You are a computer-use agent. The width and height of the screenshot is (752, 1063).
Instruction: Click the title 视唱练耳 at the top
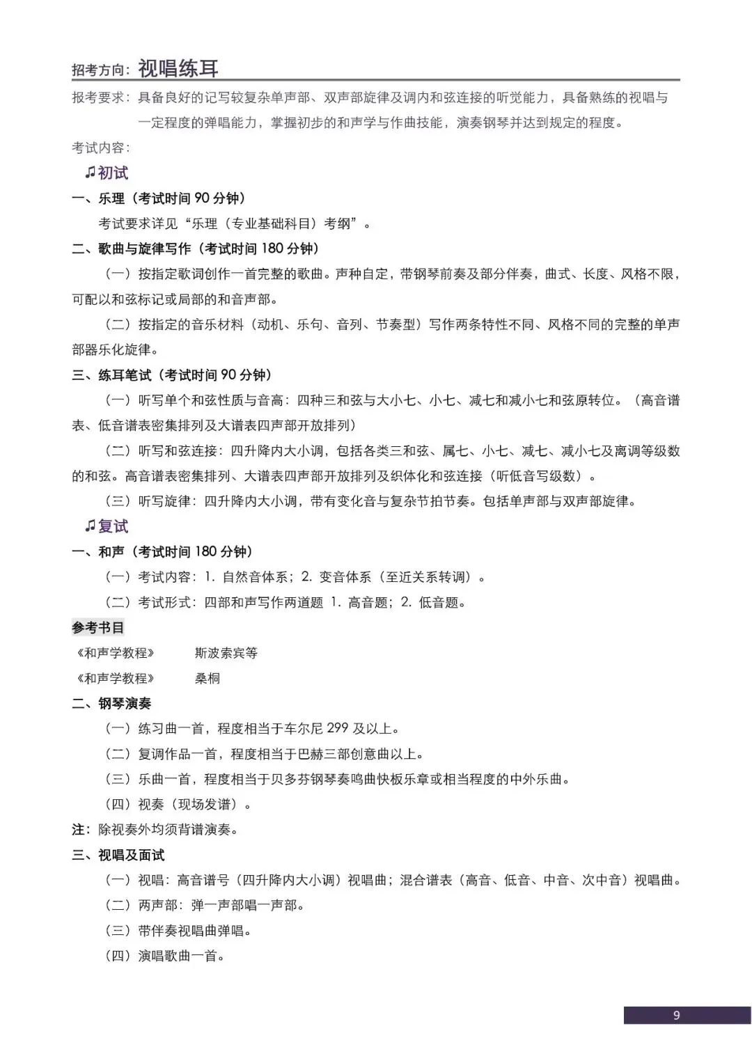[x=178, y=68]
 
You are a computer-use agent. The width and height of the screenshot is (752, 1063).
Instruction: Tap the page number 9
[x=676, y=1015]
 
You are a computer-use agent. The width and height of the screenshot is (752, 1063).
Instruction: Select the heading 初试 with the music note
[x=107, y=173]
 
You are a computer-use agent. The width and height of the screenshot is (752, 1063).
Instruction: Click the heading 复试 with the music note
[x=107, y=526]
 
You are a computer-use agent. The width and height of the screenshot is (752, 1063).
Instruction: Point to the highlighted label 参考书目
[x=98, y=628]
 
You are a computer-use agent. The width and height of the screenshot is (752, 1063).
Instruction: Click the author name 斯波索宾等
[x=226, y=653]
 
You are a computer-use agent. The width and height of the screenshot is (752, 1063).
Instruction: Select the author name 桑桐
[x=207, y=678]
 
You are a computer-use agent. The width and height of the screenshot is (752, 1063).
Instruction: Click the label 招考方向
[x=100, y=70]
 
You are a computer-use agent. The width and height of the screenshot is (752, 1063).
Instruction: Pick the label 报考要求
[x=100, y=97]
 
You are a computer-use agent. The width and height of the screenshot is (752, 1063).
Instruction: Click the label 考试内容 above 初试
[x=100, y=148]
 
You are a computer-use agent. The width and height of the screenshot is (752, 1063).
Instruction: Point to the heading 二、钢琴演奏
[x=111, y=704]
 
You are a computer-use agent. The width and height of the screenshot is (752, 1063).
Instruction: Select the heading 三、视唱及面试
[x=118, y=855]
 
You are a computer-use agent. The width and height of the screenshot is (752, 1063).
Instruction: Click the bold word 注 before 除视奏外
[x=78, y=830]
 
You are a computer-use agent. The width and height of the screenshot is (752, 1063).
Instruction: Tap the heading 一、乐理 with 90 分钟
[x=159, y=198]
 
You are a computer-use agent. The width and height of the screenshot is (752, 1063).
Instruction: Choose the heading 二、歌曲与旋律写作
[x=195, y=249]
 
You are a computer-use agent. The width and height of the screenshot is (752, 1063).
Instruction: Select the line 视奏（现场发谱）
[x=178, y=805]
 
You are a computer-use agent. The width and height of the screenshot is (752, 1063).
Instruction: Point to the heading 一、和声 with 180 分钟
[x=163, y=552]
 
